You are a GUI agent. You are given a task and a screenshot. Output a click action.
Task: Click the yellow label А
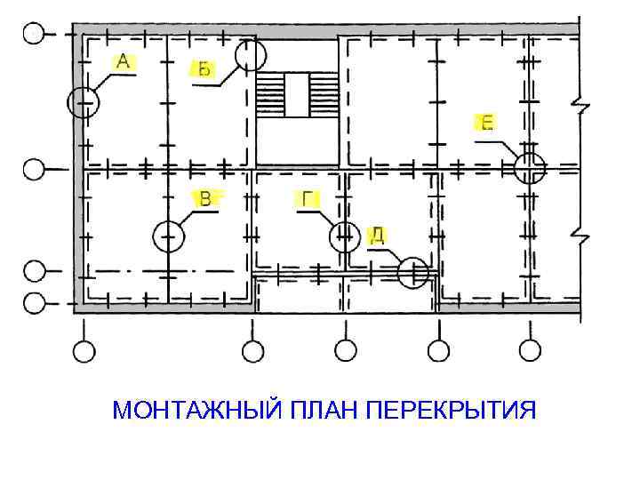pyautogui.click(x=123, y=61)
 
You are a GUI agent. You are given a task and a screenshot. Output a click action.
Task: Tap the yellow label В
pyautogui.click(x=205, y=198)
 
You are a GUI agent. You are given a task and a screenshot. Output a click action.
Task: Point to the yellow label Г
pyautogui.click(x=308, y=199)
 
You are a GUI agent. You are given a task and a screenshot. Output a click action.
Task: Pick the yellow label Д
pyautogui.click(x=377, y=235)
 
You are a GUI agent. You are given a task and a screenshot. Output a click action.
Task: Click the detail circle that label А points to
pyautogui.click(x=84, y=102)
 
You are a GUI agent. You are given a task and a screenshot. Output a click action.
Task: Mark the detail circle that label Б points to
pyautogui.click(x=250, y=55)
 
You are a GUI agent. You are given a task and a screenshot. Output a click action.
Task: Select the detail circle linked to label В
pyautogui.click(x=168, y=236)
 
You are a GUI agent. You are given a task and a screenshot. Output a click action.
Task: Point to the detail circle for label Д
pyautogui.click(x=413, y=273)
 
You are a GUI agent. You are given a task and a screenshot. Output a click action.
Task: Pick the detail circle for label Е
pyautogui.click(x=530, y=167)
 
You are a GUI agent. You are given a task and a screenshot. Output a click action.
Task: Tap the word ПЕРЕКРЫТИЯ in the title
pyautogui.click(x=452, y=412)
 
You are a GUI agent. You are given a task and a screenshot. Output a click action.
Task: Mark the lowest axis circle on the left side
pyautogui.click(x=33, y=303)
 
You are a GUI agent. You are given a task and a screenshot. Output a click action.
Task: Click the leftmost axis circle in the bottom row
pyautogui.click(x=84, y=352)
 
